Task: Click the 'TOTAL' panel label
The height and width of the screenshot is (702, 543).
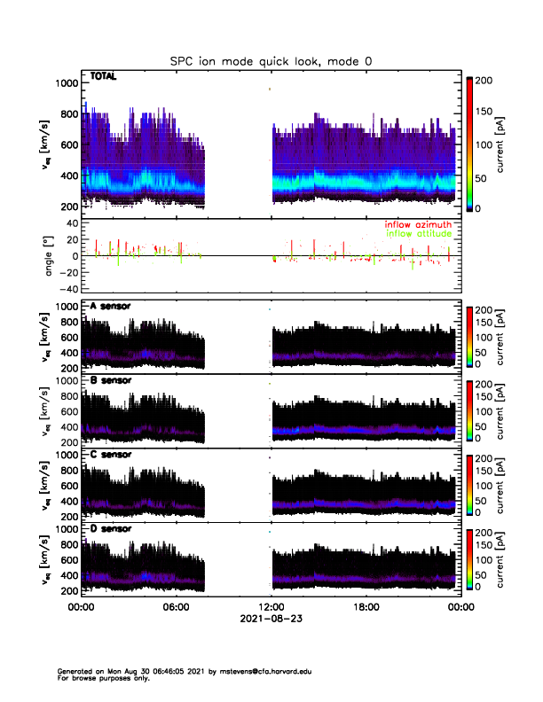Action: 104,77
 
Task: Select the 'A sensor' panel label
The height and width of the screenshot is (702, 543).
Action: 111,307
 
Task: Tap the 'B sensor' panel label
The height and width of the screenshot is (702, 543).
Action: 111,380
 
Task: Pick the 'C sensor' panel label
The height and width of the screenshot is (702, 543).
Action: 111,455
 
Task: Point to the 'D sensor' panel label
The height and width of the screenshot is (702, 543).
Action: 111,528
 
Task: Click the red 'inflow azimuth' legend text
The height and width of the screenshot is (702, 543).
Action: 417,224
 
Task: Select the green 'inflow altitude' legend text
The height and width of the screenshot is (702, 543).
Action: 417,233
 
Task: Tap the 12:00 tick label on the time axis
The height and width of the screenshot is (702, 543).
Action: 271,607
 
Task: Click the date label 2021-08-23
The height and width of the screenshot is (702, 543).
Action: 271,619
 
